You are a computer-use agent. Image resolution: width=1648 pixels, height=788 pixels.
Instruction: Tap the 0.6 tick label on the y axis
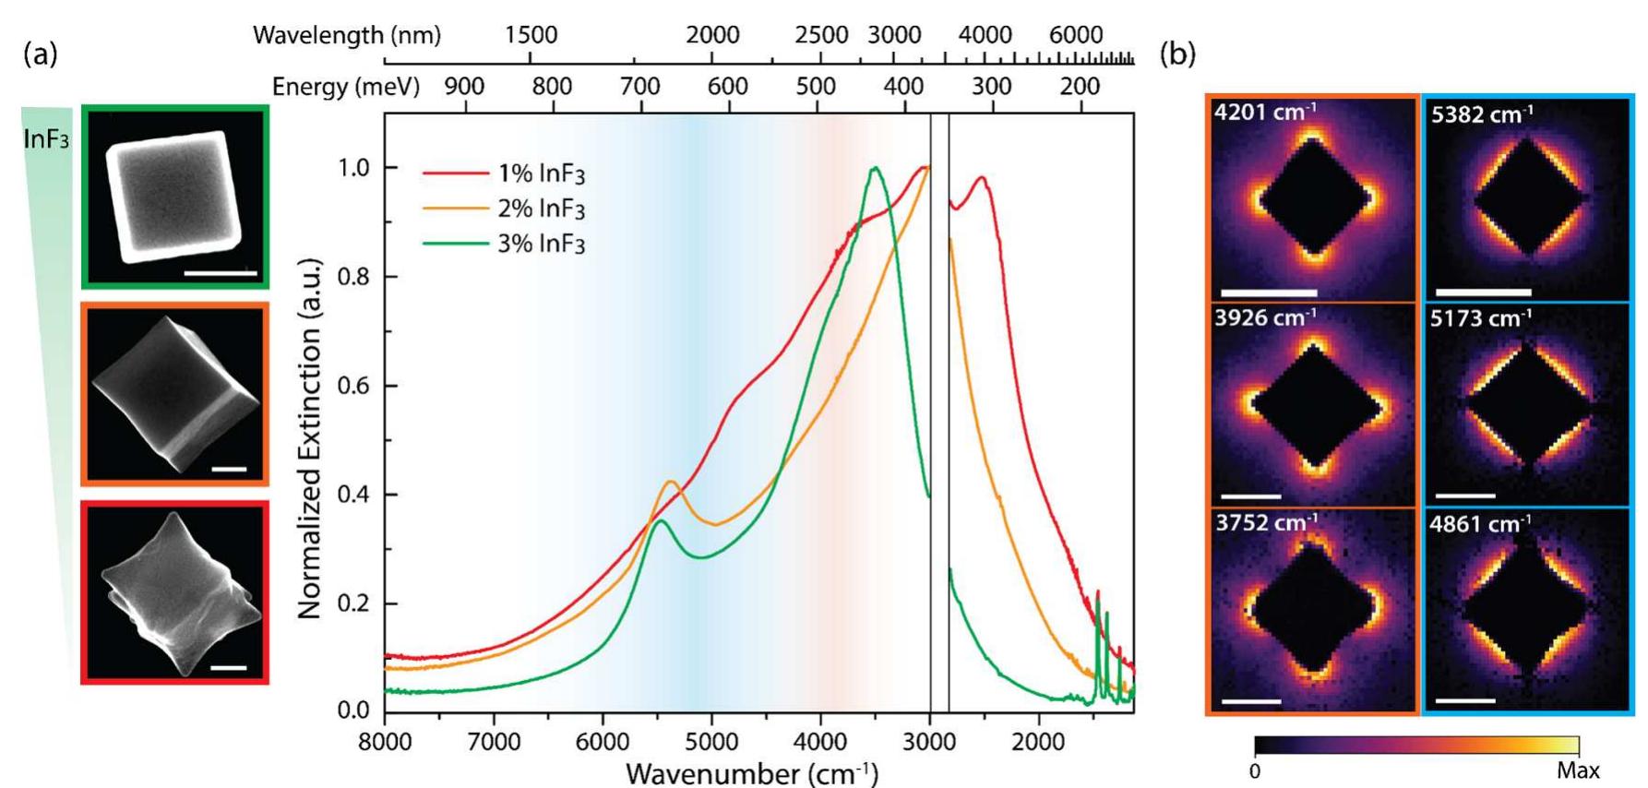(354, 386)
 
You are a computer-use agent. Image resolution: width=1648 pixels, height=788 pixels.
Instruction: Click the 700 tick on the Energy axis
(639, 88)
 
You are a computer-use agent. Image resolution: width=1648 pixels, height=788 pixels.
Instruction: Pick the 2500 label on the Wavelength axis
(821, 35)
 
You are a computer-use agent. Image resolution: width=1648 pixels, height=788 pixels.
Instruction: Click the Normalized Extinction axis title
(310, 438)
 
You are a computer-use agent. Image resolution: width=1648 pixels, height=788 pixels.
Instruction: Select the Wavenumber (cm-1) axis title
(752, 773)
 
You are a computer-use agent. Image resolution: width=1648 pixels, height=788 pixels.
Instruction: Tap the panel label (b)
(1177, 54)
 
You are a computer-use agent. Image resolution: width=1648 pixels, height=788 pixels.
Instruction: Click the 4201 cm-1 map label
(1265, 113)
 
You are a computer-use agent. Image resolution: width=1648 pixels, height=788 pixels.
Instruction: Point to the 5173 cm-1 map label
(1481, 319)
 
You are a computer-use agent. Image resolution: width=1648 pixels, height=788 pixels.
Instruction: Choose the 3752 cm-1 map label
(1265, 523)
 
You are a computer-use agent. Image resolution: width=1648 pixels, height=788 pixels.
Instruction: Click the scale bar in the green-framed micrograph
(221, 273)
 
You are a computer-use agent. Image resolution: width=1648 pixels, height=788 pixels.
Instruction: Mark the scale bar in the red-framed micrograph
(229, 666)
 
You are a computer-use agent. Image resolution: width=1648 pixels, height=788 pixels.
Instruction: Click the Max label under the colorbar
(1577, 770)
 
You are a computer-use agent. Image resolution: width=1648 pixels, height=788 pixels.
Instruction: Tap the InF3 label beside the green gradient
(46, 141)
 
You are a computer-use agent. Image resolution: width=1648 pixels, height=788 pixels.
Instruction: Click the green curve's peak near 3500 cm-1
(874, 168)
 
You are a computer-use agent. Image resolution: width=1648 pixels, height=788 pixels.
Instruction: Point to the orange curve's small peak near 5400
(671, 482)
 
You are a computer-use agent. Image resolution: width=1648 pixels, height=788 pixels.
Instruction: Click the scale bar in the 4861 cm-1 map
(1465, 701)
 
